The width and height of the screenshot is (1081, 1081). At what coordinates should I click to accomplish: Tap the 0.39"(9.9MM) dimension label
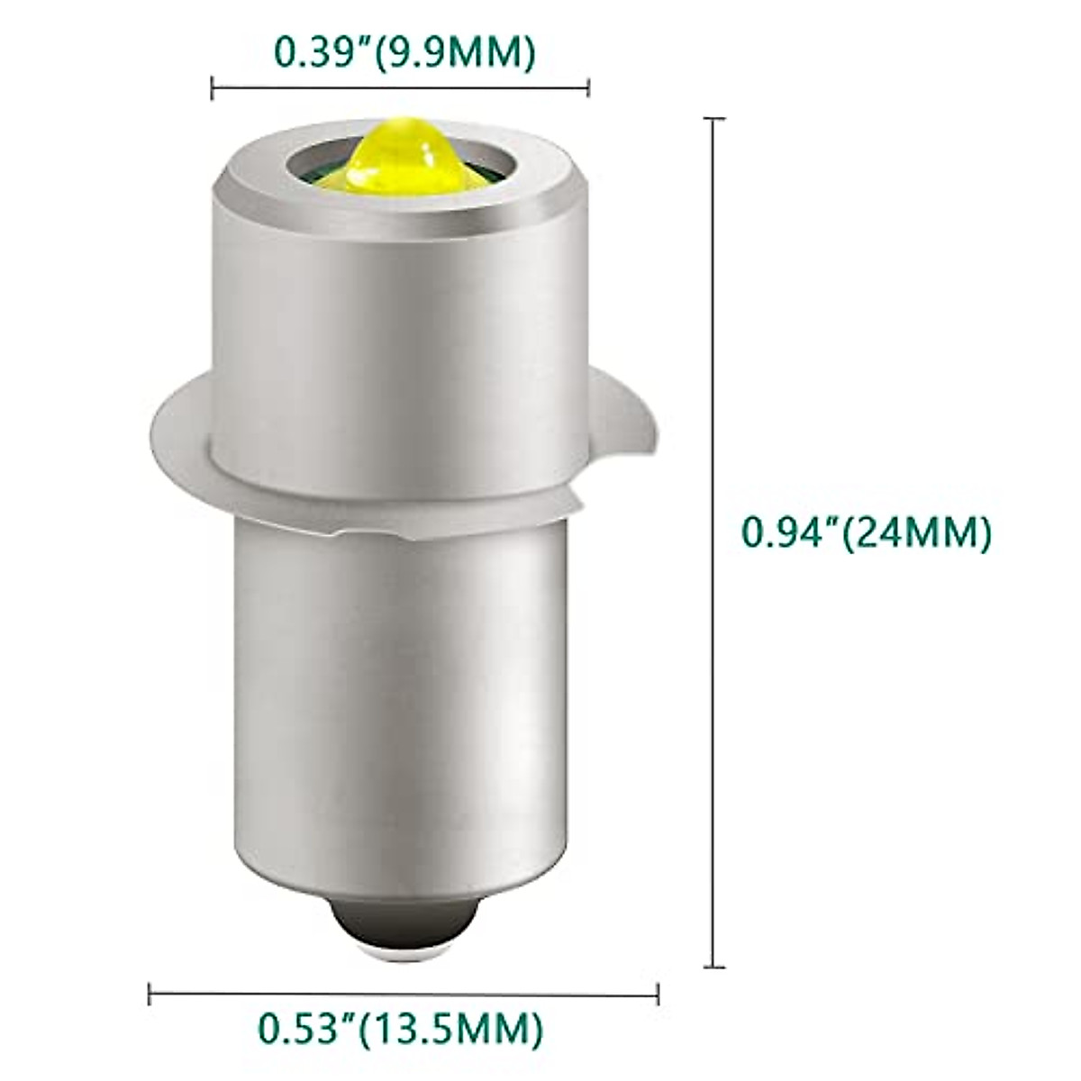404,52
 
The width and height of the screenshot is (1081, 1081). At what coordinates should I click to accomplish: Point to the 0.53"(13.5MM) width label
401,1025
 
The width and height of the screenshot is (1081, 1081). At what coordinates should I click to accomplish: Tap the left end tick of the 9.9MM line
212,87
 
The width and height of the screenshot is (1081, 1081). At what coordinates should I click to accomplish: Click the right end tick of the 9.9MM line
588,87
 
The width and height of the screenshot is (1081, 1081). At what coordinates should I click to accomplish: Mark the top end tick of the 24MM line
714,118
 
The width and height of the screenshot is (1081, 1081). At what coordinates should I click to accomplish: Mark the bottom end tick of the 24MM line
714,967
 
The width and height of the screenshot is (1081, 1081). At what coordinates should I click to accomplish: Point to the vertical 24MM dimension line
714,360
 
